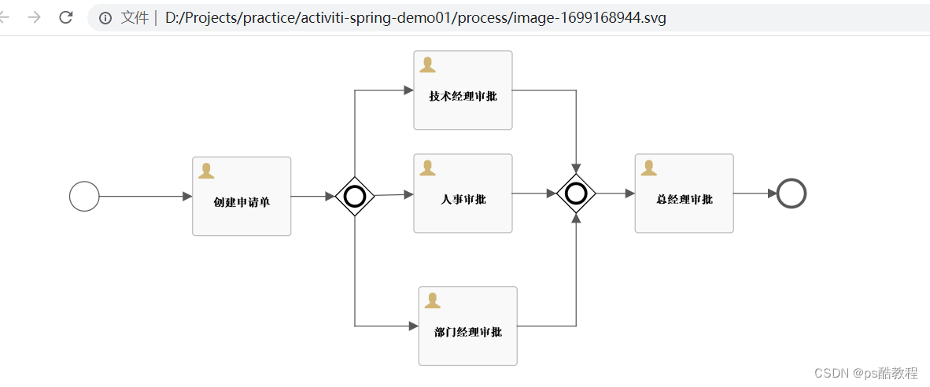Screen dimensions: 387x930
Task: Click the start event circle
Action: [84, 197]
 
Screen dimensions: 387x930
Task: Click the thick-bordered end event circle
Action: [791, 193]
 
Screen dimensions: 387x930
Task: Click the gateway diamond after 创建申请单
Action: [355, 196]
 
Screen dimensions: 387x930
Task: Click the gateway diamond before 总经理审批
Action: [576, 193]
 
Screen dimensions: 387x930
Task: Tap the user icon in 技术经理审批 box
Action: [427, 64]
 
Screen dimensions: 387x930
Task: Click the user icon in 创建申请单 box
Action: [206, 171]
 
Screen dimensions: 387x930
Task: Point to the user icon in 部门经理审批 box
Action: [432, 300]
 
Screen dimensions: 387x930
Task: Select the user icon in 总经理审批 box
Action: [648, 168]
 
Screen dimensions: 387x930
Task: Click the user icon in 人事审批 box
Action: [427, 168]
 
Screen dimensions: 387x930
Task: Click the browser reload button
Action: [66, 17]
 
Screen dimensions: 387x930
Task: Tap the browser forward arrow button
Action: [34, 17]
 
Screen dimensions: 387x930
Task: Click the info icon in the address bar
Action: [105, 17]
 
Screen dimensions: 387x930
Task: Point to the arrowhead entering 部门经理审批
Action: [413, 326]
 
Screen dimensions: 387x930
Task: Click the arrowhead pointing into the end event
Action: [772, 193]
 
